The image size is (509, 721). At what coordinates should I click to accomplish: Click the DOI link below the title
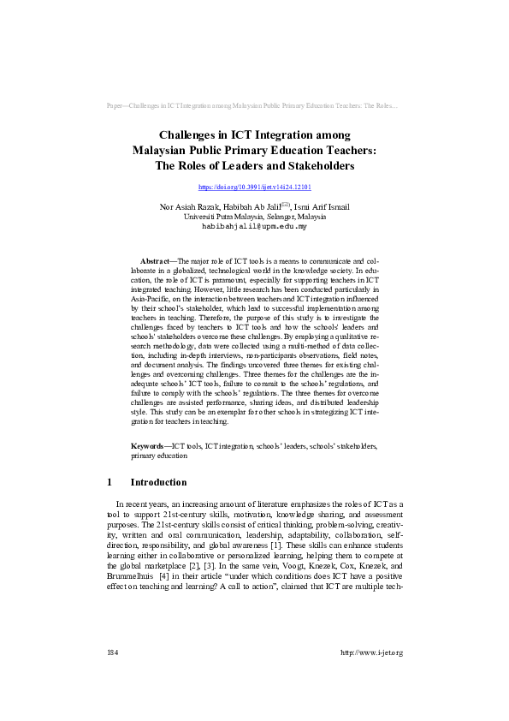pyautogui.click(x=254, y=186)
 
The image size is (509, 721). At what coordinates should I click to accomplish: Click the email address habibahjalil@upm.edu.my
pyautogui.click(x=254, y=227)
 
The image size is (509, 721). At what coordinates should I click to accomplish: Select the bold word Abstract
pyautogui.click(x=155, y=259)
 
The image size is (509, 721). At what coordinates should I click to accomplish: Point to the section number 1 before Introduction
pyautogui.click(x=109, y=482)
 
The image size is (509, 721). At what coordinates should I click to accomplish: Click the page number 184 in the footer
pyautogui.click(x=111, y=676)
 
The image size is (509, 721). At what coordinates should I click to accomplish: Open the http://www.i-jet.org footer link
pyautogui.click(x=371, y=676)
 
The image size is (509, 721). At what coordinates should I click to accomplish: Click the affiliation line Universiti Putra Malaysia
pyautogui.click(x=254, y=217)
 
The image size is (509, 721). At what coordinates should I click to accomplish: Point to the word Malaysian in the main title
pyautogui.click(x=163, y=150)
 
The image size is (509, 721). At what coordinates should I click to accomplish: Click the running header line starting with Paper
pyautogui.click(x=254, y=107)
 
